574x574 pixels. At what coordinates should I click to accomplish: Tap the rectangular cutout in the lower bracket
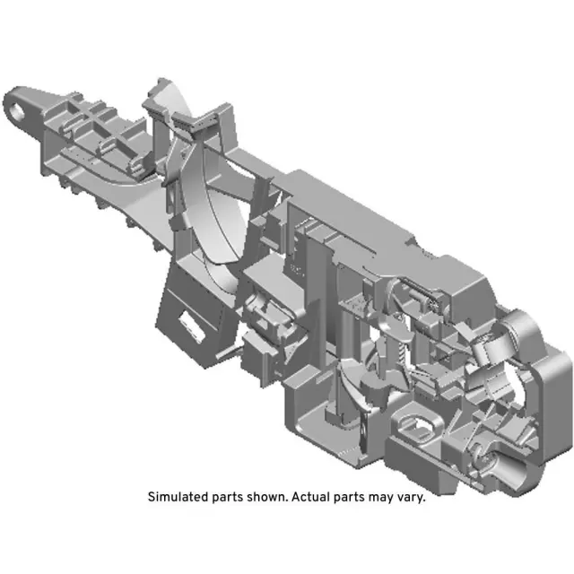tap(190, 318)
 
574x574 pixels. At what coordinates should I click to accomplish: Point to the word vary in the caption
tap(408, 497)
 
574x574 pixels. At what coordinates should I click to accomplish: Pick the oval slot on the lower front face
tap(420, 422)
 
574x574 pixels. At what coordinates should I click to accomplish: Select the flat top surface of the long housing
tap(350, 211)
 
